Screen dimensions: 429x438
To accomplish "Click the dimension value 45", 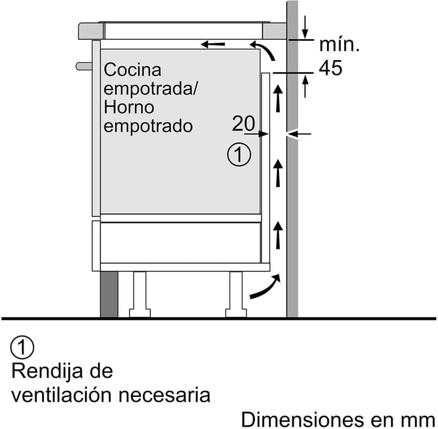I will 331,69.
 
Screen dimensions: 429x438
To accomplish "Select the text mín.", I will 339,45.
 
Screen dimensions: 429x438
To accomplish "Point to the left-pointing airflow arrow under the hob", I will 213,44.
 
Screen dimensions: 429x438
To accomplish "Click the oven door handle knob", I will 83,66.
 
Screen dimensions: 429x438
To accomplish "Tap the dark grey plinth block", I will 109,294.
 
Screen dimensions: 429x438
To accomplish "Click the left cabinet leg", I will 140,294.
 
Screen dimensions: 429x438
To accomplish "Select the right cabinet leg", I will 236,294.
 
